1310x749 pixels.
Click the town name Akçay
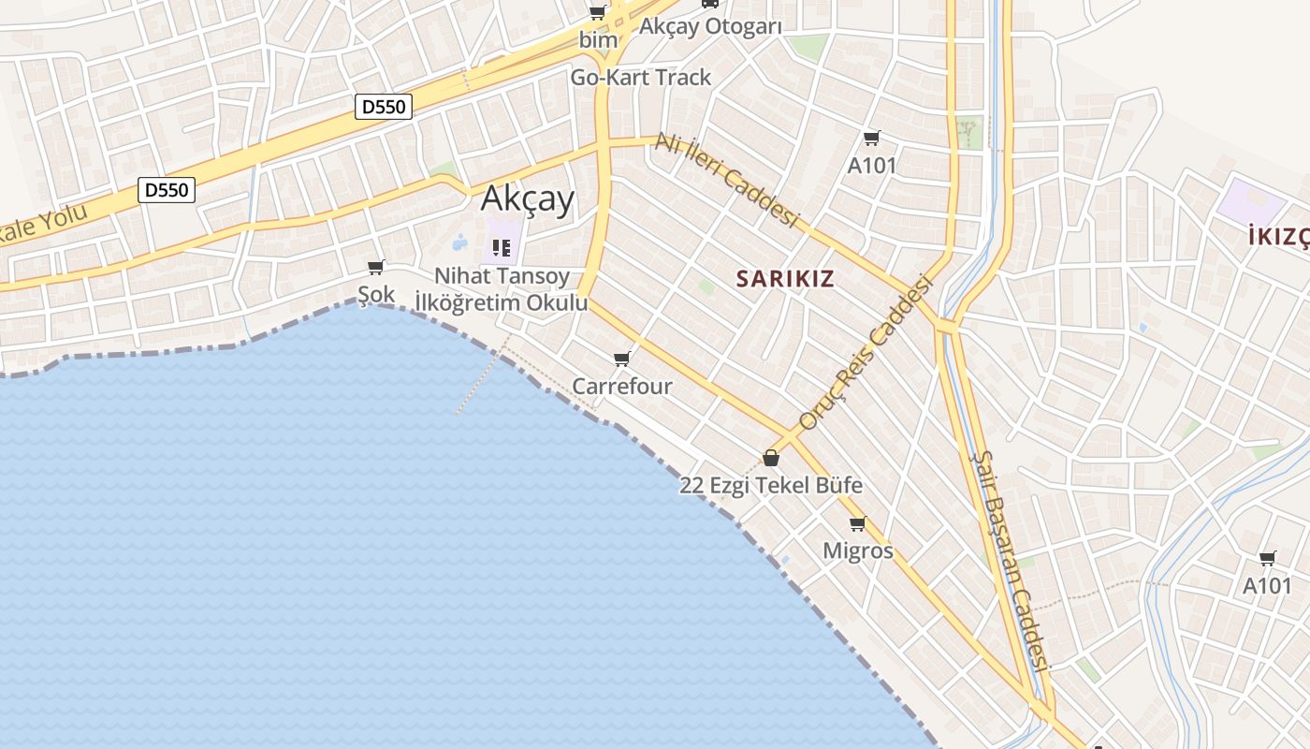(527, 198)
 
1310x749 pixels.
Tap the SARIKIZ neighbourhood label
(784, 278)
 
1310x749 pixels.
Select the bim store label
(598, 40)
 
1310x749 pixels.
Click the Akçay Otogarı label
(710, 26)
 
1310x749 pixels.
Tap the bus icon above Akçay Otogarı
(710, 4)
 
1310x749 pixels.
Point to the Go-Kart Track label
(641, 77)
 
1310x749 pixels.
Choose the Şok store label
(376, 294)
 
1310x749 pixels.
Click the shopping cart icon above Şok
(376, 268)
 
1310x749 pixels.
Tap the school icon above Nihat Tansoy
(502, 248)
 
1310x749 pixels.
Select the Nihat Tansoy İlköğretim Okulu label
(502, 289)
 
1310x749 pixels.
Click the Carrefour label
(622, 386)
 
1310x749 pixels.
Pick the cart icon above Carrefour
(622, 359)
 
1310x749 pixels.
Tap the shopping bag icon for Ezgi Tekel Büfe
(771, 458)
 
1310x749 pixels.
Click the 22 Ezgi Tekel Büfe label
(771, 486)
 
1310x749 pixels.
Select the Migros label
(858, 551)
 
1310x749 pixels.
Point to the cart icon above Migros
(858, 523)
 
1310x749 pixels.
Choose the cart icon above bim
(597, 13)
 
